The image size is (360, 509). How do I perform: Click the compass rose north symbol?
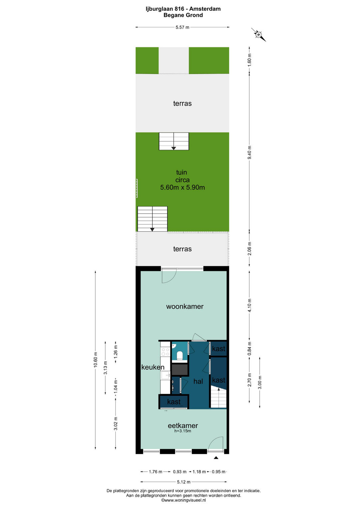click(x=258, y=35)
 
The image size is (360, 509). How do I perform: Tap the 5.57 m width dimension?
click(x=182, y=27)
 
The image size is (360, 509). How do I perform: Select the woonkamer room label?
click(x=185, y=306)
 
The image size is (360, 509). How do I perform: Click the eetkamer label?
click(x=183, y=425)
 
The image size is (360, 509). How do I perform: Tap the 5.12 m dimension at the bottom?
click(x=184, y=482)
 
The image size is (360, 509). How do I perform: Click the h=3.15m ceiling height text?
click(x=183, y=431)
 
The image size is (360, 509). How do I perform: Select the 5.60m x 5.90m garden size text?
click(x=183, y=187)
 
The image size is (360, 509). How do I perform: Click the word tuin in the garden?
click(x=182, y=172)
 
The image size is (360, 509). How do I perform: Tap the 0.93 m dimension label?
click(x=180, y=472)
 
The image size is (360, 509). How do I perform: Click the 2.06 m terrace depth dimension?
click(x=250, y=248)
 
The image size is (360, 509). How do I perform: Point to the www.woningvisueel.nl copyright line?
click(x=183, y=500)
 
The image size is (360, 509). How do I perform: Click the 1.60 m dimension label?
click(x=250, y=60)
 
